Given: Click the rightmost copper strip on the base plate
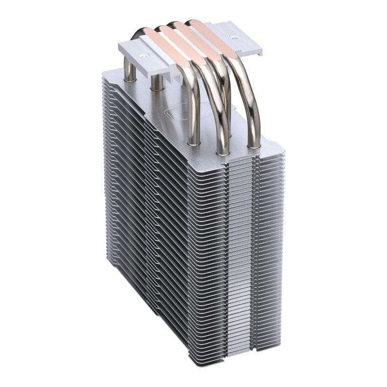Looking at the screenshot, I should (212, 26).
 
